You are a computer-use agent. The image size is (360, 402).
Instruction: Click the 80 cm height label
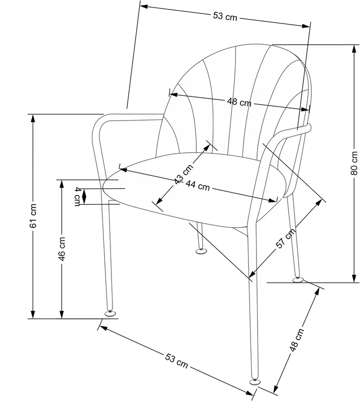(x=354, y=163)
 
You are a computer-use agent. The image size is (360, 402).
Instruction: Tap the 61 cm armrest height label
(x=33, y=216)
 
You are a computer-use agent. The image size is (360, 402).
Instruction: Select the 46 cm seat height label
(x=62, y=249)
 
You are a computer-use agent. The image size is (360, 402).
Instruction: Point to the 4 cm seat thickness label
(x=77, y=196)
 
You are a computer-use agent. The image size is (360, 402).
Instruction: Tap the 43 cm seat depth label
(x=183, y=174)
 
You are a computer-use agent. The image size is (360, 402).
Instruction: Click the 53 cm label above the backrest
(x=225, y=17)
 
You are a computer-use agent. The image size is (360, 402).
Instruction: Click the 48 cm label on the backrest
(x=239, y=102)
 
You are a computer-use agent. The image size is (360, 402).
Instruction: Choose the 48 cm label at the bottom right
(x=297, y=340)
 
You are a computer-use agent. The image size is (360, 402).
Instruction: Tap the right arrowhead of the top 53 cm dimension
(x=306, y=26)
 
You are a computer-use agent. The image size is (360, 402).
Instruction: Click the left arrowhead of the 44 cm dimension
(x=124, y=170)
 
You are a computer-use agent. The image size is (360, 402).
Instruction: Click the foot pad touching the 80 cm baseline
(x=297, y=279)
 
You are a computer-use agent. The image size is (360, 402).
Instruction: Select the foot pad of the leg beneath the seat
(x=201, y=251)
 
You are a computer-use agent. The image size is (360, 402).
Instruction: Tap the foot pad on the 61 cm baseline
(x=110, y=314)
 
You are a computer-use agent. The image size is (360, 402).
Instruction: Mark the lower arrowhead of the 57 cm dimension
(x=253, y=274)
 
